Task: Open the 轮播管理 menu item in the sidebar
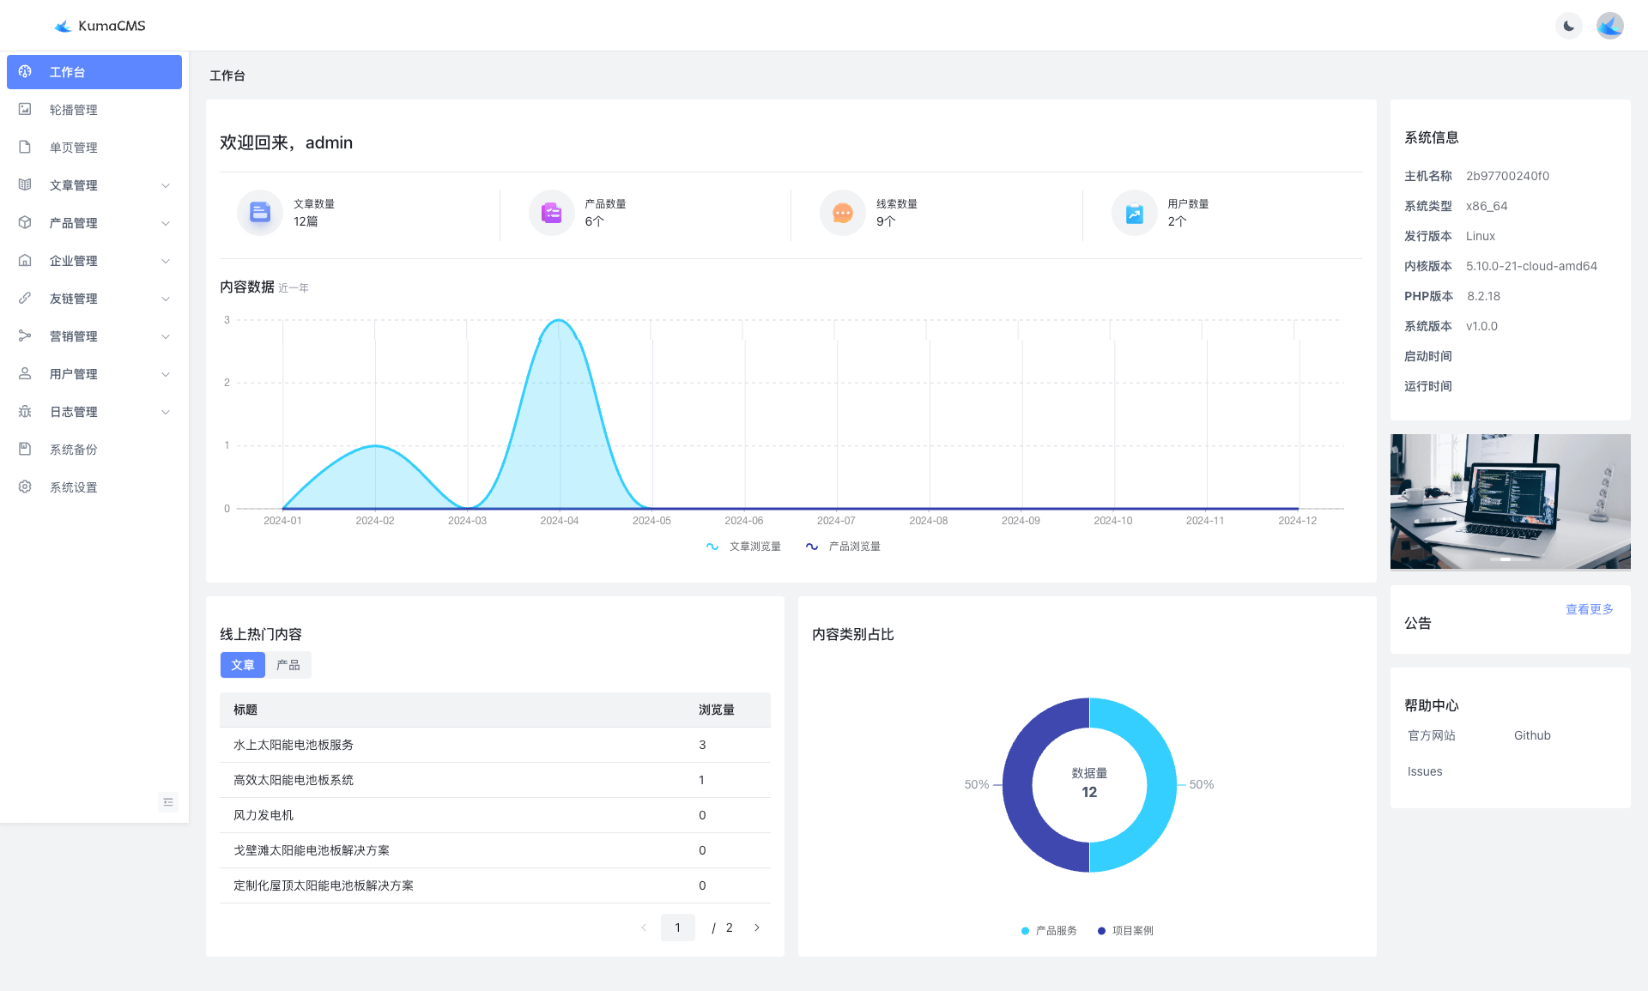73,110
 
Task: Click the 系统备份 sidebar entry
73,450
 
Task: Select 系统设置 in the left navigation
73,487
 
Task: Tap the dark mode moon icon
1568,26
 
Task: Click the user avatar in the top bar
1609,26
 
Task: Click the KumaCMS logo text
111,26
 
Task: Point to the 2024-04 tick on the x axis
559,521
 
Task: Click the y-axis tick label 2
227,383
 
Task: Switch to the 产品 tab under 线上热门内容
288,665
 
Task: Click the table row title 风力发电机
264,815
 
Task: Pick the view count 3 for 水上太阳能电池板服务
702,745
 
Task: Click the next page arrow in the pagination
756,928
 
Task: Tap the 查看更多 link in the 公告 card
1589,609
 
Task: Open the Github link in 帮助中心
1532,735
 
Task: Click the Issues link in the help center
1425,771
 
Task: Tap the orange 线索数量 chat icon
842,213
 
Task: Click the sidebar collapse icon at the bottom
168,802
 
